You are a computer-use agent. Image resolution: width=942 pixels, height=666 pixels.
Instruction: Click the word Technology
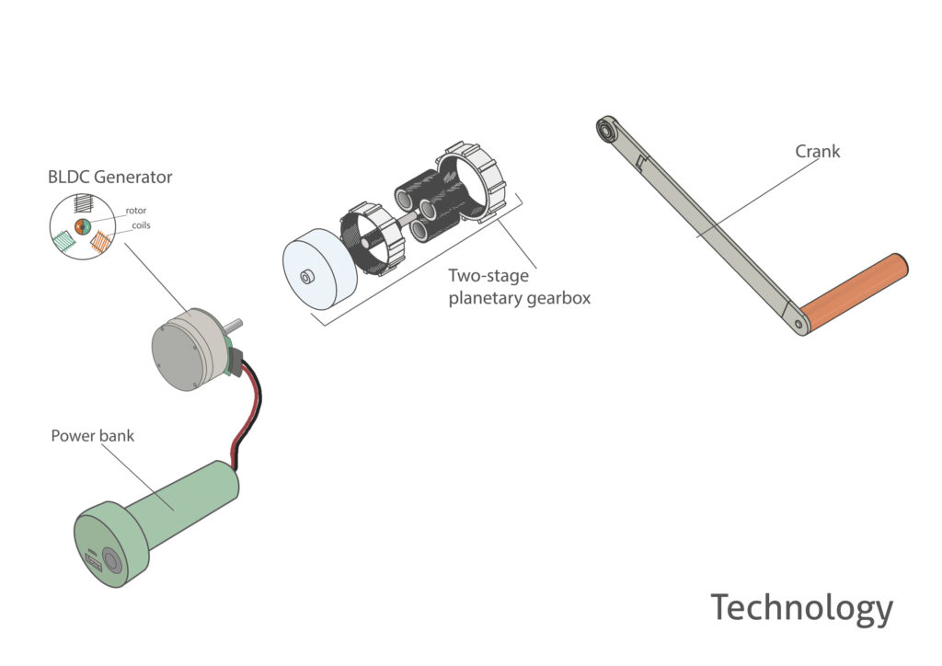coord(801,608)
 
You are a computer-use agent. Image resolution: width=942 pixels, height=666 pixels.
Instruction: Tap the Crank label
coord(817,151)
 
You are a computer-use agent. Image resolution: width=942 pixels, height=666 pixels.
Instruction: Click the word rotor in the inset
coord(135,211)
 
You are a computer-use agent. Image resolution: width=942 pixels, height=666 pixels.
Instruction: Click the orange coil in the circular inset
coord(100,243)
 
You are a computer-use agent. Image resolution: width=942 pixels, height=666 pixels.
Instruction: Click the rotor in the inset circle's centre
coord(81,226)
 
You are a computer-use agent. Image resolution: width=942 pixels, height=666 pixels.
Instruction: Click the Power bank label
coord(92,435)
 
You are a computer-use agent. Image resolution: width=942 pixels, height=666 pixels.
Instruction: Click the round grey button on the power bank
coord(111,560)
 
